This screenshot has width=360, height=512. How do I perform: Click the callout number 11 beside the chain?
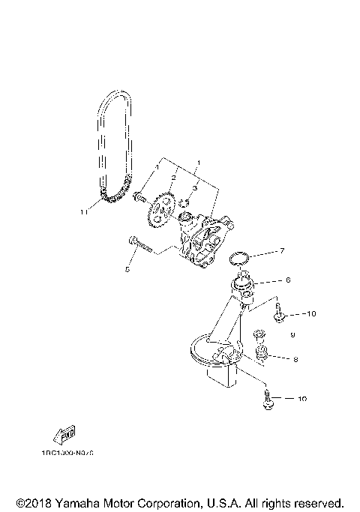(x=84, y=212)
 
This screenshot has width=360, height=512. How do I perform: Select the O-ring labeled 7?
(x=238, y=259)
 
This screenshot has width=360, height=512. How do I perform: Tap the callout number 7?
(x=282, y=251)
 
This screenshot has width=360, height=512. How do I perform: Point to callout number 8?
(x=295, y=360)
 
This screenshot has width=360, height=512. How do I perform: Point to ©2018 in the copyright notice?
(x=32, y=502)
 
